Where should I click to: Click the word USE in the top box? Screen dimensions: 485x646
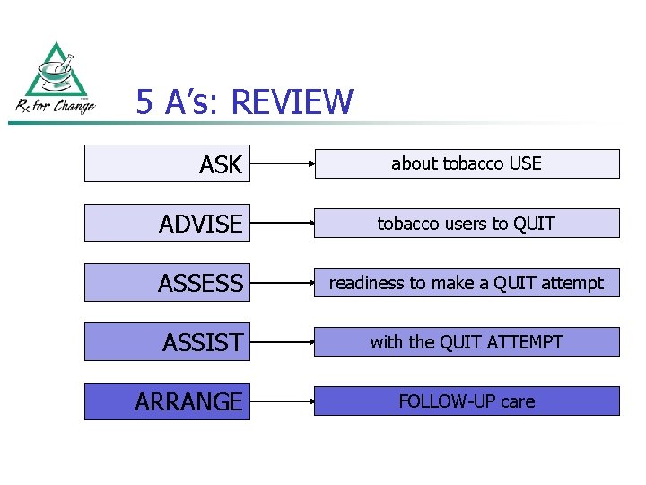[x=525, y=163]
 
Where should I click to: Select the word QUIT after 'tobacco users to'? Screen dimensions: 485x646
[x=534, y=223]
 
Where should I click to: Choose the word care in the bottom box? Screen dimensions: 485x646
[x=518, y=401]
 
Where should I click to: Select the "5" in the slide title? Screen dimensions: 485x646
[x=144, y=102]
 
